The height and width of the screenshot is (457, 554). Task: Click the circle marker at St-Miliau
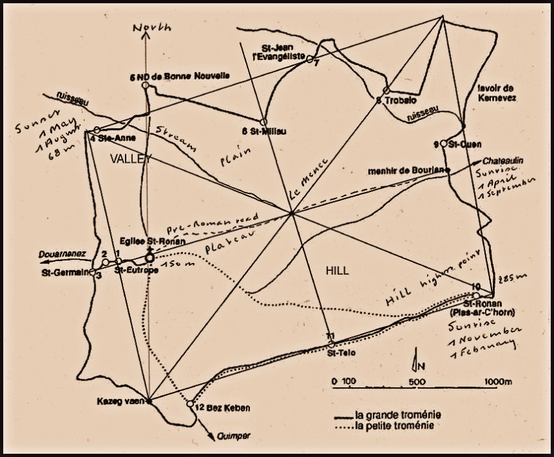(264, 122)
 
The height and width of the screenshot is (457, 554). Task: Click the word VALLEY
(130, 159)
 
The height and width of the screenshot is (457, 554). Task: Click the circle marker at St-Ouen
(443, 143)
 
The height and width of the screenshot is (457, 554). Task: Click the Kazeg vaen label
(118, 401)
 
